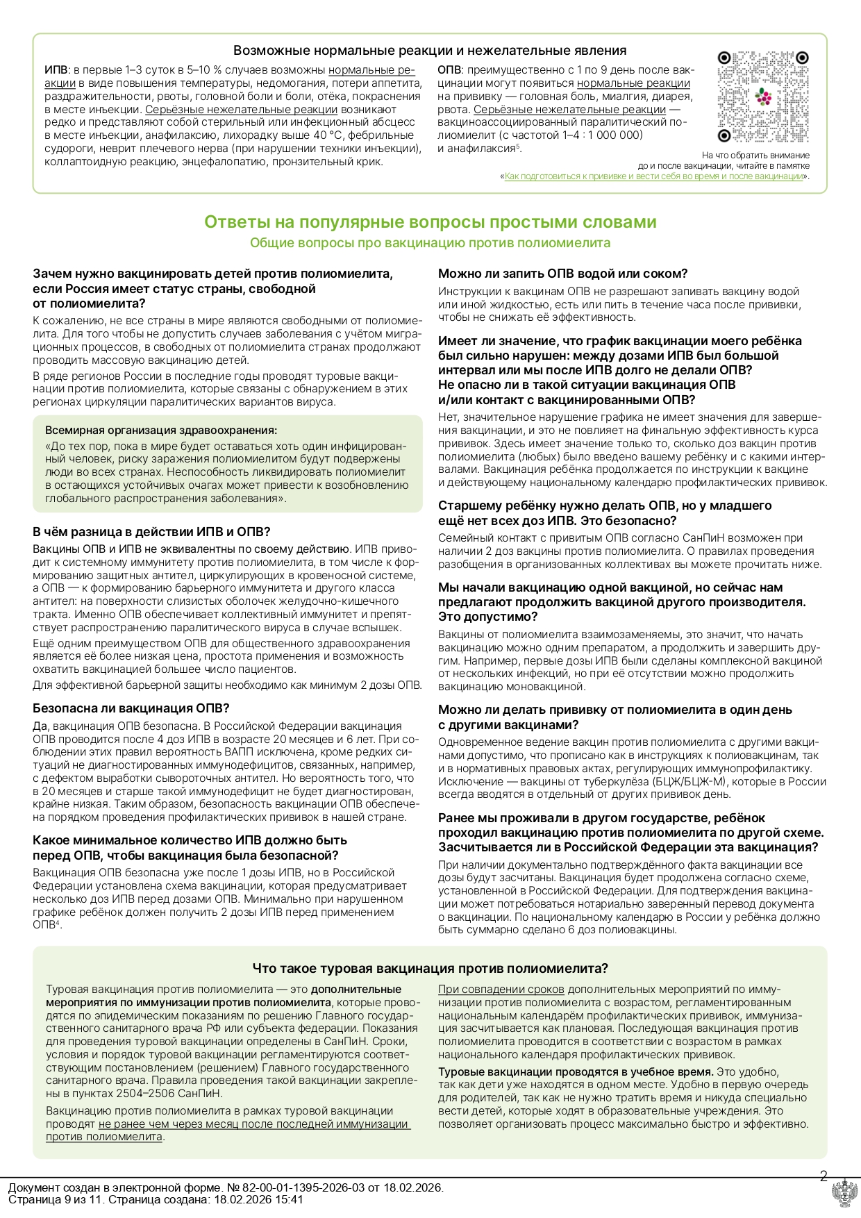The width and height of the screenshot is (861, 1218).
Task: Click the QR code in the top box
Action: coord(762,96)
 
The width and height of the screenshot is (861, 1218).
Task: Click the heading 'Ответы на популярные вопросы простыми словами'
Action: coord(430,222)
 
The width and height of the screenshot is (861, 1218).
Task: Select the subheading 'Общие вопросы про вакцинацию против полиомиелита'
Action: coord(430,243)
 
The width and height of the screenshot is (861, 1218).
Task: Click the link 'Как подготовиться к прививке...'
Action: coord(653,176)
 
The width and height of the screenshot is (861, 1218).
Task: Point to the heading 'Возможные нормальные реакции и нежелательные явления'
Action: coord(430,51)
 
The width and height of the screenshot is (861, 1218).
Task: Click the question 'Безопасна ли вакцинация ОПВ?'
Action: coord(131,708)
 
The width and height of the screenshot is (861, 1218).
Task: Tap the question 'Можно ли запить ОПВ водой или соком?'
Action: coord(562,274)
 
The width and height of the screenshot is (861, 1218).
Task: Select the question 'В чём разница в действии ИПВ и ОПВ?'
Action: coord(151,532)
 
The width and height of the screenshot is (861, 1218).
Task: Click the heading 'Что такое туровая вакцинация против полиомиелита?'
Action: coord(430,968)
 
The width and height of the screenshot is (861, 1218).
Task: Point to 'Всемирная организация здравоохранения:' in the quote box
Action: coord(161,431)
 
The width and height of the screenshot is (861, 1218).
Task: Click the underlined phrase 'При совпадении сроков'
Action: coord(501,990)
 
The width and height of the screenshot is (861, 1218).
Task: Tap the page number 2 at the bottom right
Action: coord(824,1176)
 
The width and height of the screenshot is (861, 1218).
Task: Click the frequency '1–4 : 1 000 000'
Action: coord(598,135)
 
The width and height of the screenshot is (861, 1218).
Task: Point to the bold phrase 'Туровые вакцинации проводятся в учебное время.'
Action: coord(576,1071)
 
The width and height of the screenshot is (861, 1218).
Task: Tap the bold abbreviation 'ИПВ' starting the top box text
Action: coord(56,70)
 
